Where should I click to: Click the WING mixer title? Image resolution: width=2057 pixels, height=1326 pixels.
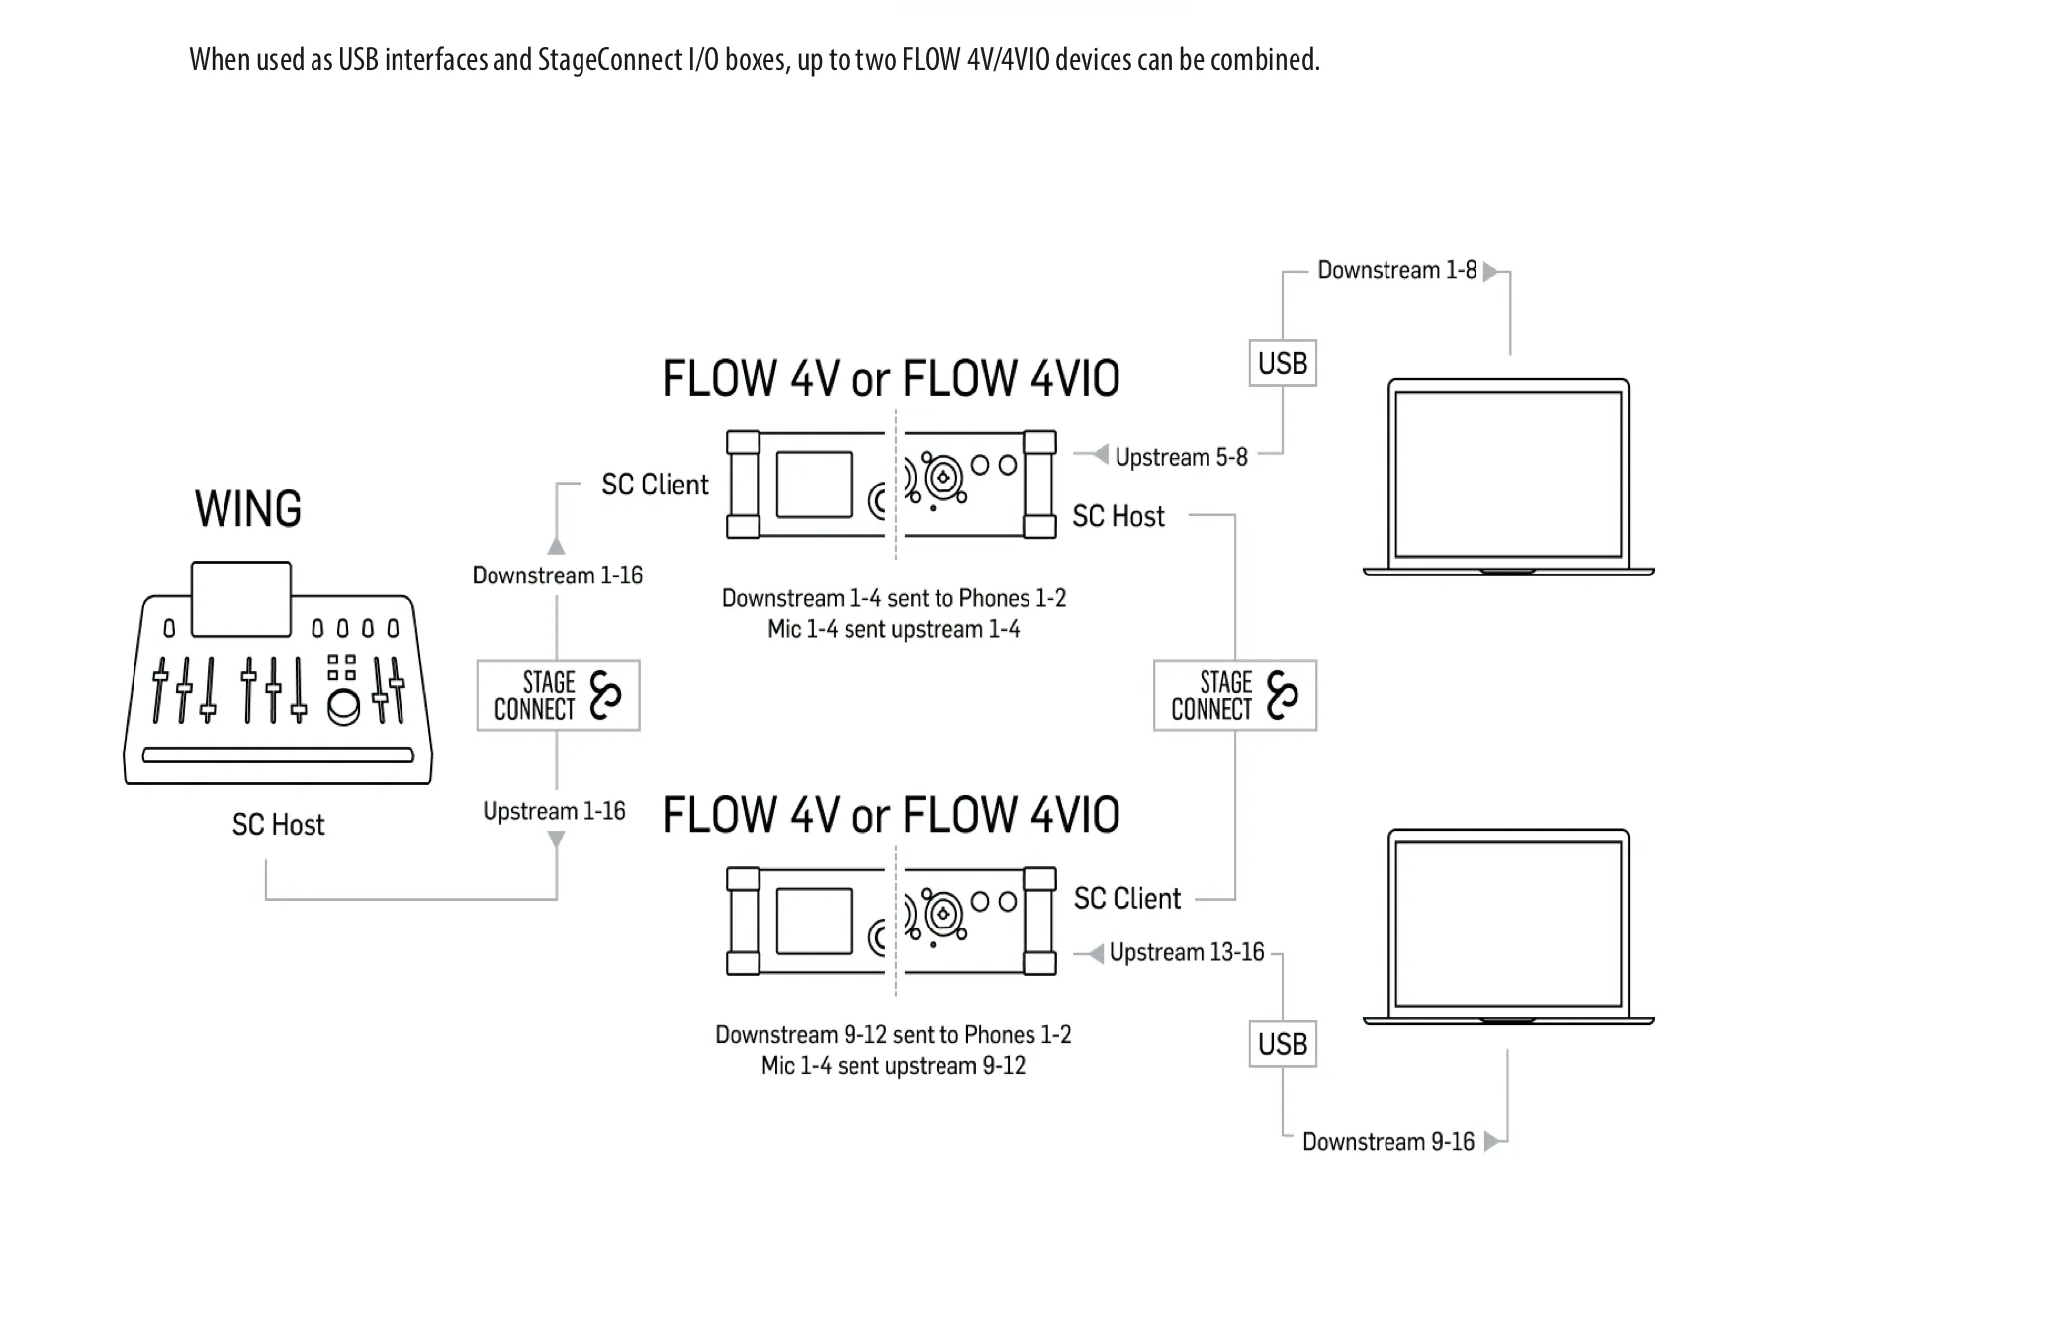click(248, 509)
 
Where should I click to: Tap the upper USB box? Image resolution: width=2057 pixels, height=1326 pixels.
click(1283, 363)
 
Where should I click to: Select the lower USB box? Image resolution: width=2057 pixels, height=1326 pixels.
click(1283, 1044)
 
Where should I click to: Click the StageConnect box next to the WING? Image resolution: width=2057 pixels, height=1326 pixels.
click(558, 695)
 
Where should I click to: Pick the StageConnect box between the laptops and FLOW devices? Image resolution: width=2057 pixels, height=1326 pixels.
click(1235, 695)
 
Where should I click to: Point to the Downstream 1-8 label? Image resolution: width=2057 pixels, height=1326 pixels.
click(1396, 270)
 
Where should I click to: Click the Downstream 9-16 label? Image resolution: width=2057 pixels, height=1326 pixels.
click(1388, 1142)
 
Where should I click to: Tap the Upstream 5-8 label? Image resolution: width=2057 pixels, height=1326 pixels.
click(1182, 457)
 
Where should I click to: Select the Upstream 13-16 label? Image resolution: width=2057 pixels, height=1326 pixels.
click(1187, 952)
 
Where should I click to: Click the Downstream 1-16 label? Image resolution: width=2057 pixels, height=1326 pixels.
click(558, 575)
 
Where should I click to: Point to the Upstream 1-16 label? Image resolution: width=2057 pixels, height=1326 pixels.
click(554, 811)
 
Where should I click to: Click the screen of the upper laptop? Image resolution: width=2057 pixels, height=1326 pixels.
click(1508, 474)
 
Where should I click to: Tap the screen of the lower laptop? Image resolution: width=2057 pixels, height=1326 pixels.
click(1508, 924)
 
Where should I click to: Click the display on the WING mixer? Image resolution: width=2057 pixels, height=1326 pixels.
click(241, 599)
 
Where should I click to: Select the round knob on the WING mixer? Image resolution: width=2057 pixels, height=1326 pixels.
click(343, 708)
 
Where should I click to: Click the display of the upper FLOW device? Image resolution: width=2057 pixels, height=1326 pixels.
click(815, 485)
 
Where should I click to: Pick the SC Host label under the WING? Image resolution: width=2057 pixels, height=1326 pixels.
click(278, 825)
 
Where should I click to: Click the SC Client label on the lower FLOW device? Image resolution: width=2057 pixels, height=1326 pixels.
click(1127, 898)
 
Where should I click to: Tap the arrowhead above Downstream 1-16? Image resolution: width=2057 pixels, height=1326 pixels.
click(557, 546)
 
